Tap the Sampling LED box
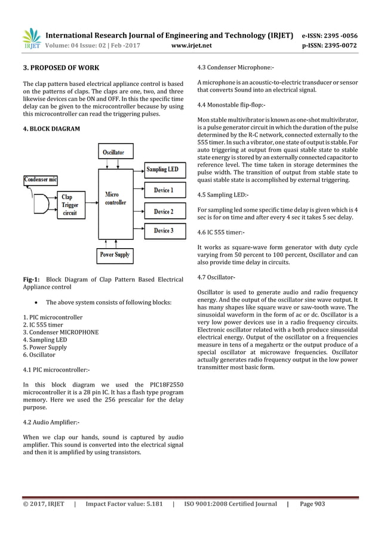pos(162,169)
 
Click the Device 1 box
pos(162,190)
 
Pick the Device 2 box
pos(162,211)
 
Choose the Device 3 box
pos(162,231)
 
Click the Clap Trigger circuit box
pos(69,205)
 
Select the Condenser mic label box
pos(41,178)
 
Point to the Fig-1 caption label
pos(31,279)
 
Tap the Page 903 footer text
pos(312,504)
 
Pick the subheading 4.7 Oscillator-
pos(216,277)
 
